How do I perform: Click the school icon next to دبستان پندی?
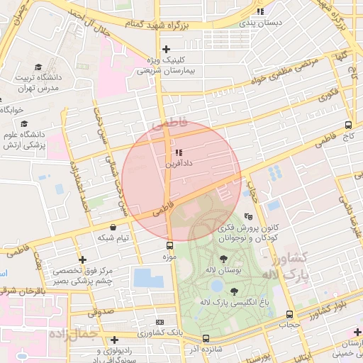click(260, 11)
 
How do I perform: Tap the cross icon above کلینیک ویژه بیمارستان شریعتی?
click(166, 49)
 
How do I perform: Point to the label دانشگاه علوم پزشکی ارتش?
click(25, 138)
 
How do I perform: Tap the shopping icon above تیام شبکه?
click(113, 227)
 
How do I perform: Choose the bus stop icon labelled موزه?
click(169, 245)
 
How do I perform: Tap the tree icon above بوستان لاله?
click(225, 259)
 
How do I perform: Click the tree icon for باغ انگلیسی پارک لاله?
click(235, 290)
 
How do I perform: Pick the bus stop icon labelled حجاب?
click(289, 314)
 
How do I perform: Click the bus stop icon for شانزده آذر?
click(206, 338)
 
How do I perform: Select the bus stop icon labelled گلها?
click(348, 66)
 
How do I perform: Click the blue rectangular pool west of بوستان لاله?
click(148, 277)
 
